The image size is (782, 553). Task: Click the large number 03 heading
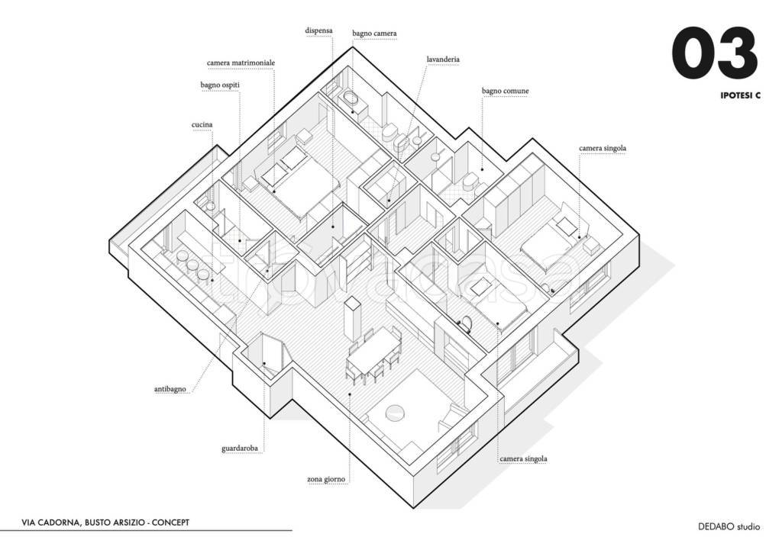[x=714, y=56]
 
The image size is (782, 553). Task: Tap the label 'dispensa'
[x=319, y=31]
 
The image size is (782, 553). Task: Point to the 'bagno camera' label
[x=374, y=34]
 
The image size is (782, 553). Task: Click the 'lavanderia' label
[x=443, y=59]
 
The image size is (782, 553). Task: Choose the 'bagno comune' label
[x=505, y=91]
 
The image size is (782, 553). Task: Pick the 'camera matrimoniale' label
[x=241, y=63]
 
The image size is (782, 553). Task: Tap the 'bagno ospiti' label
[x=221, y=85]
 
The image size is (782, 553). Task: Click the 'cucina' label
[x=202, y=124]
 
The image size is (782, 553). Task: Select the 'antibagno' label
[x=170, y=389]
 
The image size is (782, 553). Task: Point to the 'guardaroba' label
[x=242, y=449]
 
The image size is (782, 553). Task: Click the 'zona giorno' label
[x=326, y=480]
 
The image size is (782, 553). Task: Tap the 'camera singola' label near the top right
[x=603, y=148]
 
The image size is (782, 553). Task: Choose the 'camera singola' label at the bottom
[x=523, y=459]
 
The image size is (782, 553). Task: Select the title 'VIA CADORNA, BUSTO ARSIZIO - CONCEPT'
[x=105, y=522]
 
